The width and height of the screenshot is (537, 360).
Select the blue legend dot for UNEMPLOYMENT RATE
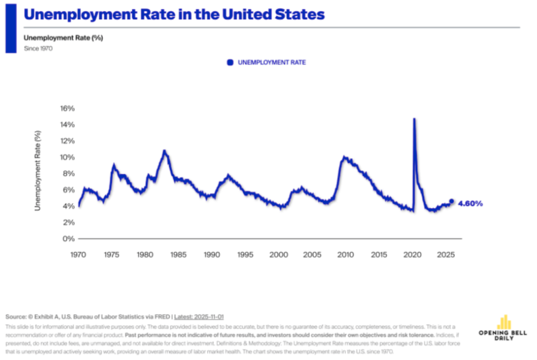pyautogui.click(x=230, y=62)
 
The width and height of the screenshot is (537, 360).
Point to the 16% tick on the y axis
pyautogui.click(x=66, y=108)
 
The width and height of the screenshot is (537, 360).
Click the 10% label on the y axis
pyautogui.click(x=66, y=157)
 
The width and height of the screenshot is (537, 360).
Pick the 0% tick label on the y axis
pyautogui.click(x=68, y=239)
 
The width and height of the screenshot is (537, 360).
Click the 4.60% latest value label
pyautogui.click(x=470, y=203)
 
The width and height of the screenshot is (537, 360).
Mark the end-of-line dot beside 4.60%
pyautogui.click(x=451, y=201)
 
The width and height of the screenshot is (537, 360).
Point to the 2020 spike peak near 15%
pyautogui.click(x=414, y=119)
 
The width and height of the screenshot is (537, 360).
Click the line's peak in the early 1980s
pyautogui.click(x=164, y=151)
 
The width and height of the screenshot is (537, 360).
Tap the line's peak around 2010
pyautogui.click(x=344, y=157)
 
